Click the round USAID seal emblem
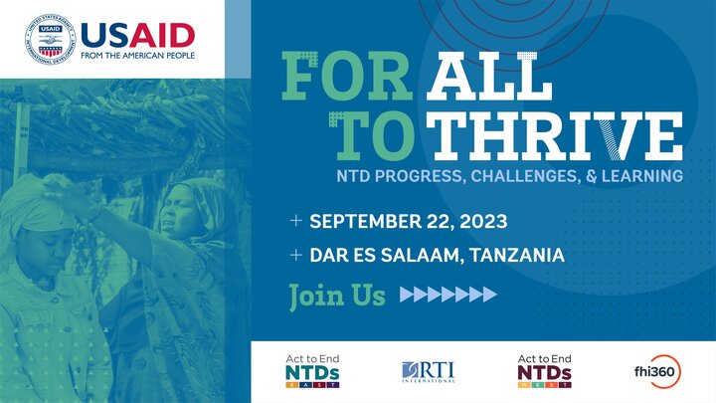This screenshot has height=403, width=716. point(51,39)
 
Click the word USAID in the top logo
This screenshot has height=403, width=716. point(138,36)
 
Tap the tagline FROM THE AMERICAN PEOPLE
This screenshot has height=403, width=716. point(137,56)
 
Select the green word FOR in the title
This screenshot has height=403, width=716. point(347,76)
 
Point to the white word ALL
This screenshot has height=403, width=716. point(489,76)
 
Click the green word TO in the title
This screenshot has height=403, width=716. point(372,135)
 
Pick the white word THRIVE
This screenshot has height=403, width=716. point(554,135)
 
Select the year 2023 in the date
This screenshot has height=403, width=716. point(483,222)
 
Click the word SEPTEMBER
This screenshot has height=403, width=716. point(365,221)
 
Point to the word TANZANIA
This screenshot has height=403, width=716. point(517,255)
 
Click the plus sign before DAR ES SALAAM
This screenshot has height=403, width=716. point(296,255)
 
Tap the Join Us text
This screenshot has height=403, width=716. point(337,296)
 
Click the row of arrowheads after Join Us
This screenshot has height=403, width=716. point(447,295)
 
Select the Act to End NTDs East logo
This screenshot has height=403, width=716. point(313,371)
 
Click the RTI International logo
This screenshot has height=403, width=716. point(429,372)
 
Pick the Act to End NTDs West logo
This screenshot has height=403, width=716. point(544,371)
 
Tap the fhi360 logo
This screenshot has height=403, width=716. point(657,371)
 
